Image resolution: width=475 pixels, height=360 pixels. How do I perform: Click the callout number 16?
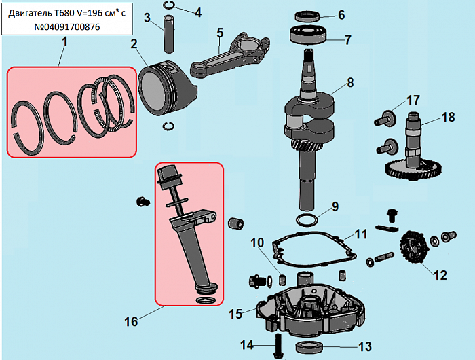point(131,321)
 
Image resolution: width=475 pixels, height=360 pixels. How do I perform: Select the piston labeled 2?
point(167,88)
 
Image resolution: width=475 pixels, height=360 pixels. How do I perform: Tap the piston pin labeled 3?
point(169,35)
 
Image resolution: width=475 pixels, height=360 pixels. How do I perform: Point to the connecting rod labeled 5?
point(230,54)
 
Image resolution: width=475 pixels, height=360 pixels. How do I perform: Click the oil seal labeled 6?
point(307,16)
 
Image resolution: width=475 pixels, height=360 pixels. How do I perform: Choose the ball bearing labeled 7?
point(309,35)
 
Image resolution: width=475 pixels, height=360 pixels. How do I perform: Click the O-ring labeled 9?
point(307,220)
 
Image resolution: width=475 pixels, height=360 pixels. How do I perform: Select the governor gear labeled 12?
point(414,248)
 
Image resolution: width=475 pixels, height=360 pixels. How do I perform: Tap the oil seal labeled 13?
point(309,347)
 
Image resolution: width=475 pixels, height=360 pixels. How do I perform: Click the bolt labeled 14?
point(278,346)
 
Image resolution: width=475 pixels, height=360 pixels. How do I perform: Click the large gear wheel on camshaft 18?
point(413,170)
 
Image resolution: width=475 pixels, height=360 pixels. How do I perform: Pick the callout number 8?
point(350,82)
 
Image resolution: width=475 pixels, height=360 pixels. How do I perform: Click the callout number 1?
point(64,42)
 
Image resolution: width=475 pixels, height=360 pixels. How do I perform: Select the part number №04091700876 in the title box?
point(67,27)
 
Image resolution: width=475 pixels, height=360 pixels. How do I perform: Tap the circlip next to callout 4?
point(169,5)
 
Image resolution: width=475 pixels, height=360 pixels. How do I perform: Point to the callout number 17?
point(413,100)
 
